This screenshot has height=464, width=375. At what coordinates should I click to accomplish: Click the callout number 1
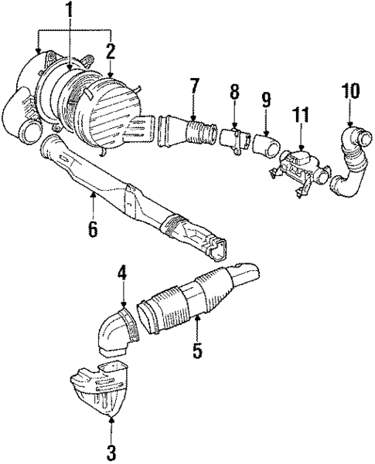[x=70, y=12]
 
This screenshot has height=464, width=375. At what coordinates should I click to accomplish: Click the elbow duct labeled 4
[x=114, y=332]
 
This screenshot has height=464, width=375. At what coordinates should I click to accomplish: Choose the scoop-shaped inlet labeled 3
[x=101, y=390]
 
